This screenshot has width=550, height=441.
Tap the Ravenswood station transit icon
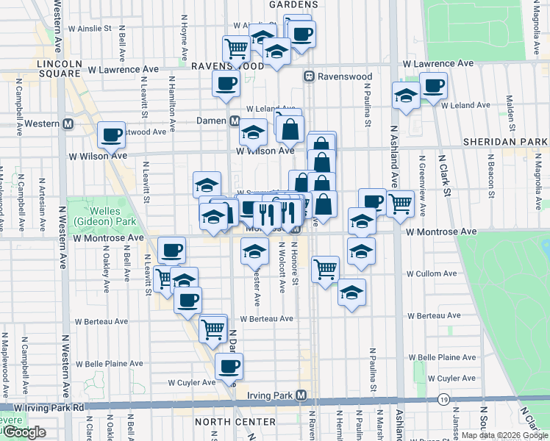[x=310, y=76]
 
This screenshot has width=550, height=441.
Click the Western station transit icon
[x=68, y=123]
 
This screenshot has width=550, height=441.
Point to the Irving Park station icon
[x=301, y=395]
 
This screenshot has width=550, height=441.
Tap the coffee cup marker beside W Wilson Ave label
[x=112, y=135]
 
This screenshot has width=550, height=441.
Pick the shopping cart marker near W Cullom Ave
[x=325, y=268]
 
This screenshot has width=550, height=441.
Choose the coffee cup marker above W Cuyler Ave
[x=229, y=365]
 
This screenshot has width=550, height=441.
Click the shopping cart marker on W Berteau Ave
[x=213, y=328]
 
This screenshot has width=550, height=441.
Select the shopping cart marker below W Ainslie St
[x=236, y=49]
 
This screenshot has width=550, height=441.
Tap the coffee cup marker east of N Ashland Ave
[x=434, y=85]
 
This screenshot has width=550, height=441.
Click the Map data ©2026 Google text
[x=504, y=435]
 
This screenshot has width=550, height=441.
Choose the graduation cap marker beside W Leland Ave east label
[x=405, y=96]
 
